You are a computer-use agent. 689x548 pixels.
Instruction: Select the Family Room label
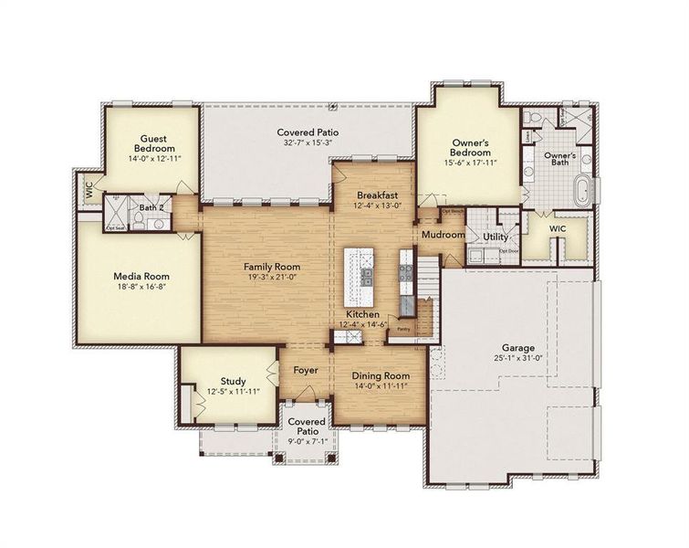(x=271, y=267)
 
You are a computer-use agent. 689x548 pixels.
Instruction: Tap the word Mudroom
(x=444, y=235)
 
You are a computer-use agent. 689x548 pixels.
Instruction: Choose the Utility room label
(x=496, y=237)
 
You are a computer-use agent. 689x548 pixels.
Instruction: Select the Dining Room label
(x=381, y=375)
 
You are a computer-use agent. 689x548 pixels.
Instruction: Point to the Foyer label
(x=305, y=371)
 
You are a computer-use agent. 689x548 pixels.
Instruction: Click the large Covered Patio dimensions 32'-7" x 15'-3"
(x=308, y=144)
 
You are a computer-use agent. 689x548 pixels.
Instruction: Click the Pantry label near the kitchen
(x=402, y=329)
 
